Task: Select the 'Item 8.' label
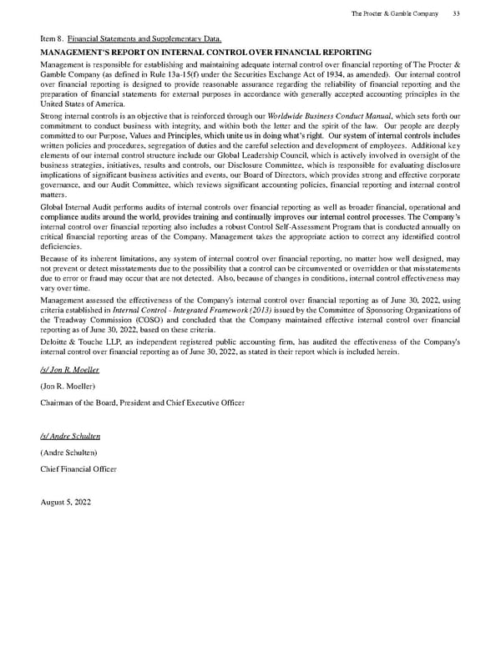(52, 38)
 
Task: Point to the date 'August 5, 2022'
(65, 503)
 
